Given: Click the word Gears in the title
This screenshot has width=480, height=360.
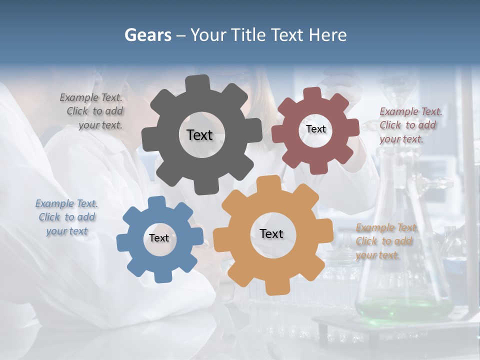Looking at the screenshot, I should coord(147,35).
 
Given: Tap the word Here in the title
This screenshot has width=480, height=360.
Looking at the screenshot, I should coord(328,35).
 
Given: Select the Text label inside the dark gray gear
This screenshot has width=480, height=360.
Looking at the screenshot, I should coord(199,135).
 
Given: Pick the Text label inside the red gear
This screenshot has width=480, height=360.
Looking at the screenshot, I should coord(315,129).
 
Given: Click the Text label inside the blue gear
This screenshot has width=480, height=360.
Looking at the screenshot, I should coord(159,238).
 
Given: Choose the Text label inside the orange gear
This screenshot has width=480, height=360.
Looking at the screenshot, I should coord(271,233).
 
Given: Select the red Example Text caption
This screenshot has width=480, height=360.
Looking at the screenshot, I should coord(410,125).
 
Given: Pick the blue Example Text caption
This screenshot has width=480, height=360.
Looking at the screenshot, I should coord(66,217).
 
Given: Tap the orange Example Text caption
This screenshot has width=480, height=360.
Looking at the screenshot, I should coord(385,241).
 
